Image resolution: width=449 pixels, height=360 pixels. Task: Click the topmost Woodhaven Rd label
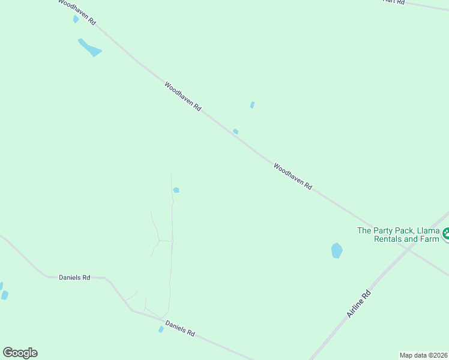point(77,11)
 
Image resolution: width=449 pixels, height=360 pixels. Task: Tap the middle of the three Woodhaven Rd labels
point(182,96)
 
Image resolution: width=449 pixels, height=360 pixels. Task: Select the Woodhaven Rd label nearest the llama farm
point(292,176)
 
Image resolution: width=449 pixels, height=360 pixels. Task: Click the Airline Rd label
point(360,304)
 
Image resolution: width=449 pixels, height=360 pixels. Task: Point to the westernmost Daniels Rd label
point(74,277)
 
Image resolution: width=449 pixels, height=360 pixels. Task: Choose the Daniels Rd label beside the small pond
point(181,329)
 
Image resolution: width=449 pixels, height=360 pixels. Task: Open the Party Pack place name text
point(399,234)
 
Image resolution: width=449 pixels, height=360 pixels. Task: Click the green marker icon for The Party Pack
point(445,234)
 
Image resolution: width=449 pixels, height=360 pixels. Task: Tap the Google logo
point(20,353)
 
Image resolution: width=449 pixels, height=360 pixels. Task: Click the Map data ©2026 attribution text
point(423,355)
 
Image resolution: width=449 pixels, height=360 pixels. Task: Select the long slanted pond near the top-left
point(89,47)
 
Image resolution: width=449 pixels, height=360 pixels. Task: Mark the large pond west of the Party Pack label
point(337,250)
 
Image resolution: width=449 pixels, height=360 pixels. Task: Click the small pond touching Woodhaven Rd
point(236,131)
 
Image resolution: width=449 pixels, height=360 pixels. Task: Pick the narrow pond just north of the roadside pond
point(252,105)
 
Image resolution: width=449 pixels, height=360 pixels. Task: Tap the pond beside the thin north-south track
point(176,190)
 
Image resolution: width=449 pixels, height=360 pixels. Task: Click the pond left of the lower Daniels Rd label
point(161,329)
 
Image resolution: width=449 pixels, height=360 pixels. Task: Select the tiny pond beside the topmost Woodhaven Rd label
point(76,19)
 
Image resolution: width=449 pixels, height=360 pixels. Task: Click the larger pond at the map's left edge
point(5,295)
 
